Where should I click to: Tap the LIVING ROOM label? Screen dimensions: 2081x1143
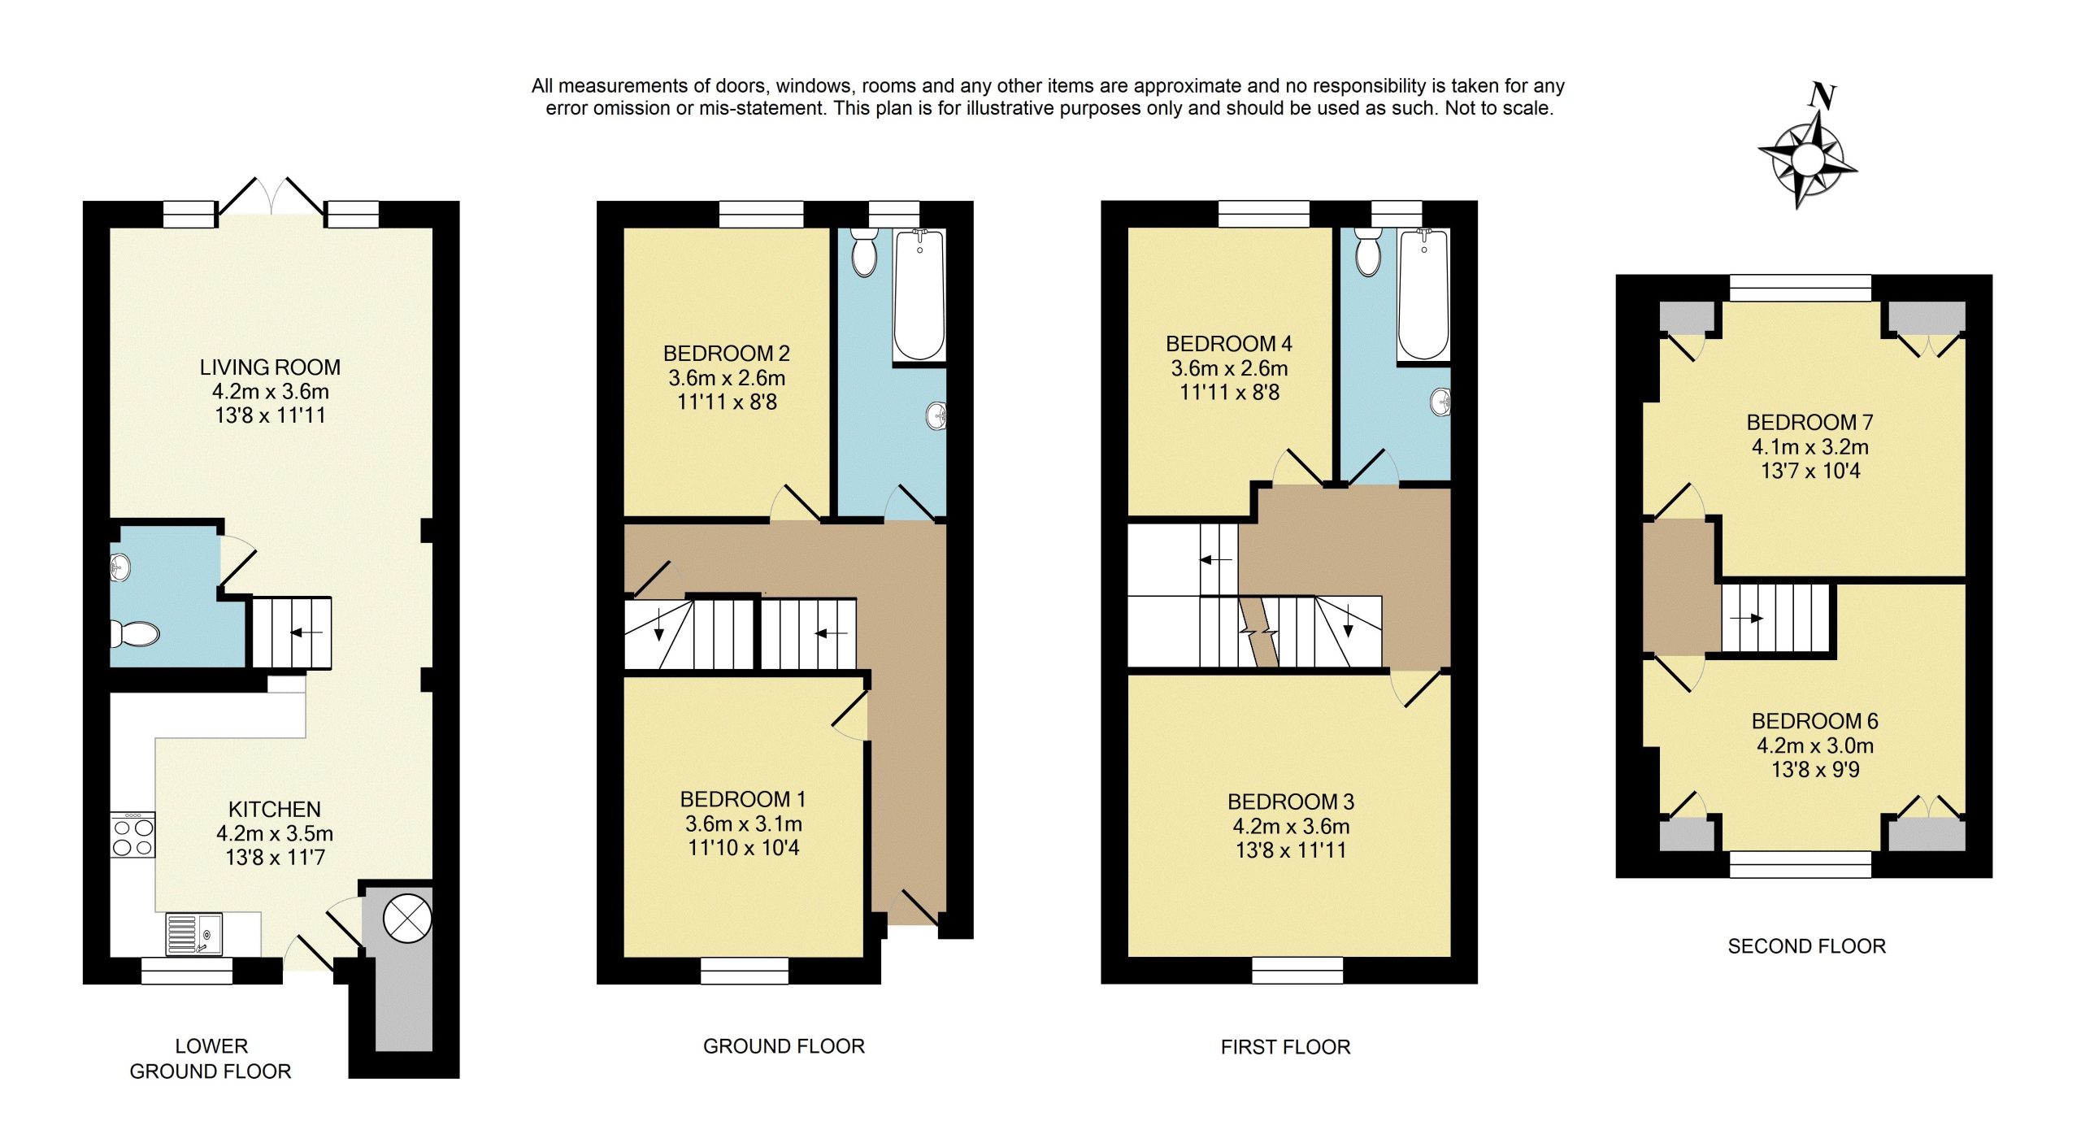pos(270,367)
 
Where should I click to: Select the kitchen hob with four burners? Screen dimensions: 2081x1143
pos(133,835)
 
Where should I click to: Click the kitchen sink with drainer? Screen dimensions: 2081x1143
pos(194,934)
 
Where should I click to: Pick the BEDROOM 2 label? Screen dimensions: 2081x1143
pos(726,354)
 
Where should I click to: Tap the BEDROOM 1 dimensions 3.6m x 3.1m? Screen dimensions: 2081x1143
pos(743,824)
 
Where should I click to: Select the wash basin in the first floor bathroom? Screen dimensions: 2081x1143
pos(1441,402)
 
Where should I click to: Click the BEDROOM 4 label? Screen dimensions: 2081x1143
pos(1228,344)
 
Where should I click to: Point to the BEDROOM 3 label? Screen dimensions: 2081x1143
pos(1291,802)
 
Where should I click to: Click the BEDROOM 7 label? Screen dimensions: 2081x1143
pos(1809,423)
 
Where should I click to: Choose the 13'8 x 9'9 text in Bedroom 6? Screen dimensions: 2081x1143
pos(1815,770)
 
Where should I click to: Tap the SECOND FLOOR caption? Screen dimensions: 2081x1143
pos(1806,946)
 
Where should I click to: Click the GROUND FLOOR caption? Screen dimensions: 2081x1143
pos(784,1046)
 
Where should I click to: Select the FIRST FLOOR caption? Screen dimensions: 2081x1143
pos(1285,1047)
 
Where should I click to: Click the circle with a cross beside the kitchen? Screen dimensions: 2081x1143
pos(407,918)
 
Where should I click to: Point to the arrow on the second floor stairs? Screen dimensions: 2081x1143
pos(1746,619)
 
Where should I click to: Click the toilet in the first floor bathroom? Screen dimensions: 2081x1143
pos(1369,252)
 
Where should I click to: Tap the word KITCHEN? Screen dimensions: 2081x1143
pos(275,810)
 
